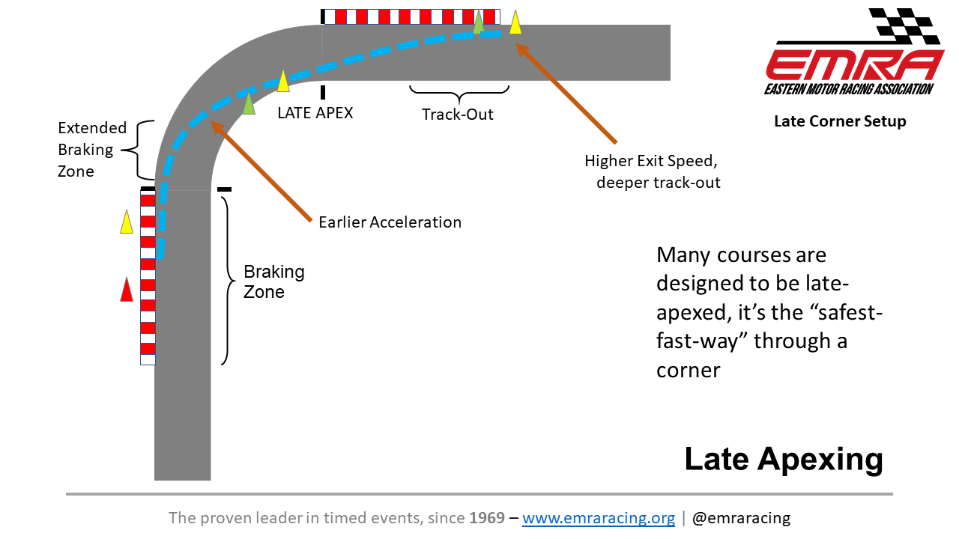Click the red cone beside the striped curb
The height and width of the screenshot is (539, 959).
pos(127,290)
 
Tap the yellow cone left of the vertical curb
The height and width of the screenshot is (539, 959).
pos(127,222)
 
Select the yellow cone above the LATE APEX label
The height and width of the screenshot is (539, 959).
pos(283,81)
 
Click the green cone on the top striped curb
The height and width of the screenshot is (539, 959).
pos(479,22)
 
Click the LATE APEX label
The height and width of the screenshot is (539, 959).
pos(315,113)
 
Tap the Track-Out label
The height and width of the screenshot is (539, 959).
pos(458,115)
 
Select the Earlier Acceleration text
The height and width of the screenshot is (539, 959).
pos(390,222)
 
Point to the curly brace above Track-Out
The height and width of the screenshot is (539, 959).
pos(459,94)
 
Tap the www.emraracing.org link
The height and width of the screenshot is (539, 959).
pos(599,518)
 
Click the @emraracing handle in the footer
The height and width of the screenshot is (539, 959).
pos(741,518)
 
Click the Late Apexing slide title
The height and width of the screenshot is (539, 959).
pos(784,459)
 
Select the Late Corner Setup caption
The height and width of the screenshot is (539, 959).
pos(840,121)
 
